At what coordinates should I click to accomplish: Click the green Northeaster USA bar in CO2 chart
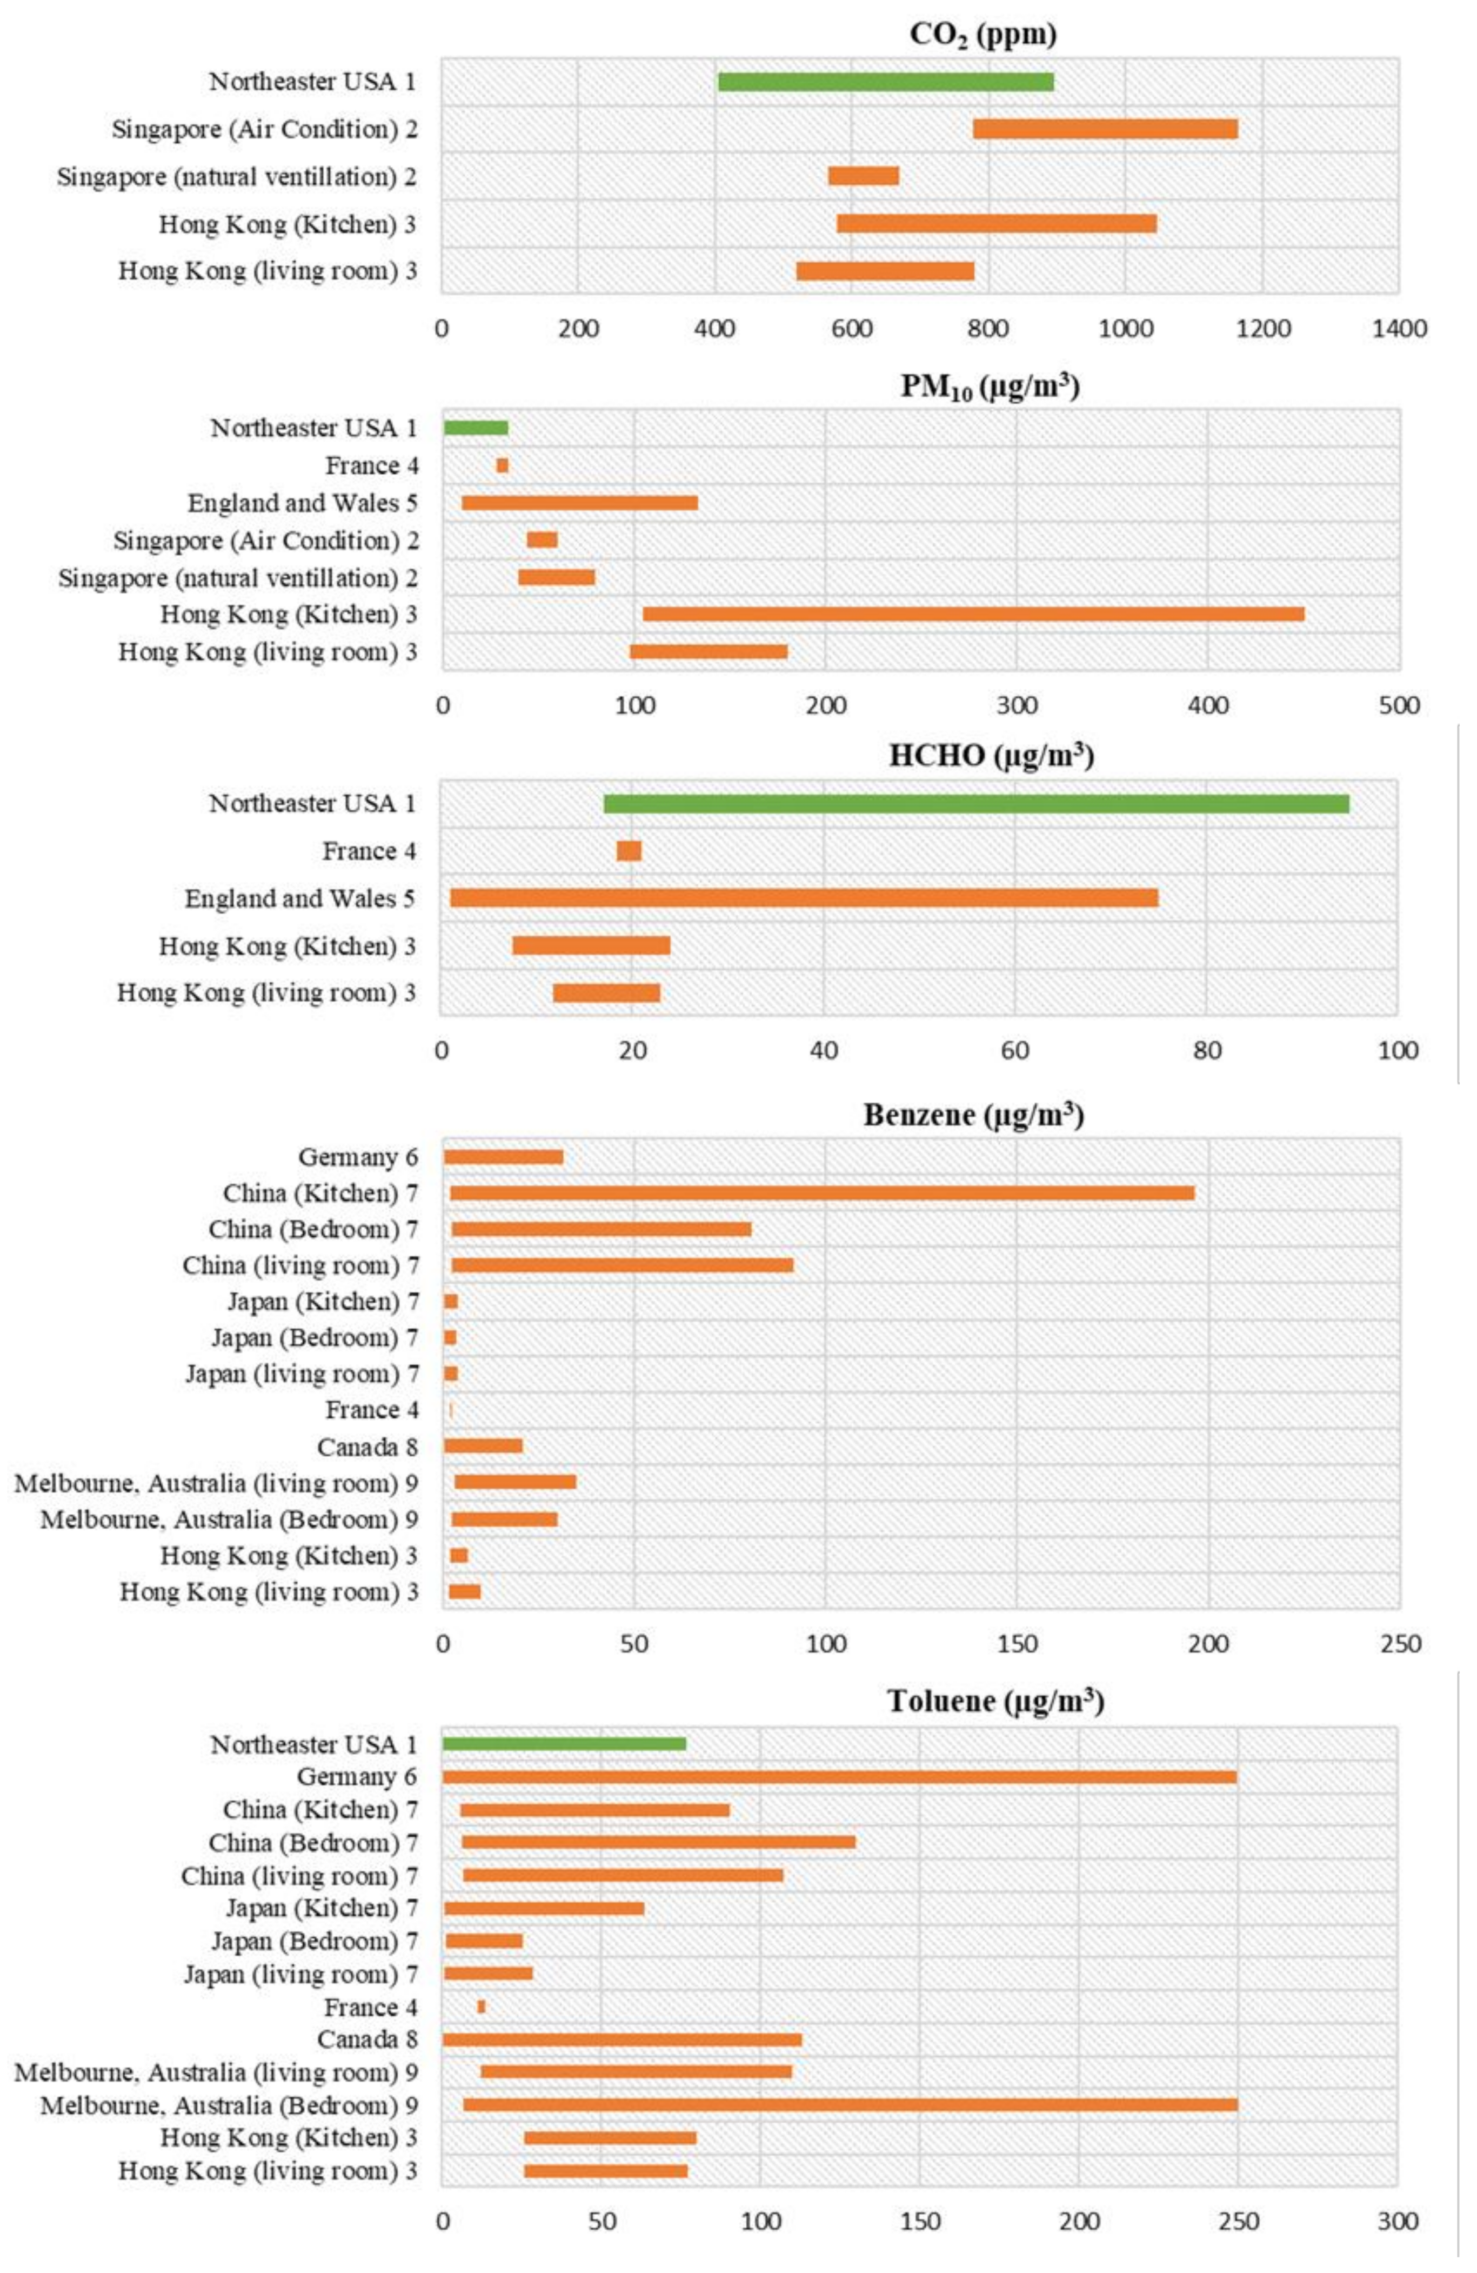coord(885,82)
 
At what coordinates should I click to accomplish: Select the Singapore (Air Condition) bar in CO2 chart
coord(1105,129)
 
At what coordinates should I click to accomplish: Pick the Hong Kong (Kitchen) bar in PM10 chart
coord(973,614)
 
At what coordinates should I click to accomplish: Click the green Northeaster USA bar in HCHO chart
coord(976,804)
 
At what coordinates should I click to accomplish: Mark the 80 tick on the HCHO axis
coord(1207,1050)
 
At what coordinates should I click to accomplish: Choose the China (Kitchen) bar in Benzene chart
coord(822,1193)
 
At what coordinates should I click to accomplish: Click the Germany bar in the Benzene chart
coord(503,1157)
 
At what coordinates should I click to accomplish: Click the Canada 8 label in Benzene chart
coord(367,1448)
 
